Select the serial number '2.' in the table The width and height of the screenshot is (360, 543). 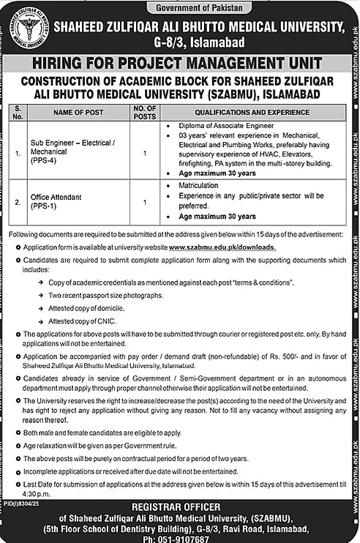(18, 201)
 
